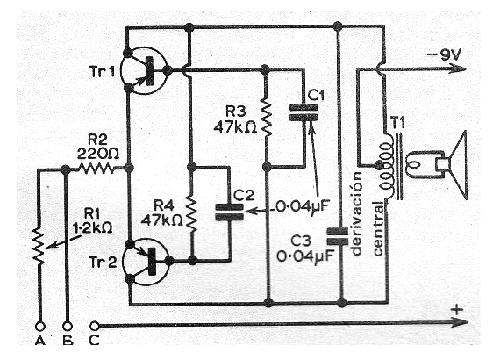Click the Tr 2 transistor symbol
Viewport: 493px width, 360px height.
tap(146, 262)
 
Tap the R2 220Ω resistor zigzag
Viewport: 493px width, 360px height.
tap(96, 169)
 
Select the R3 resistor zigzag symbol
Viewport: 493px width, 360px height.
tap(266, 116)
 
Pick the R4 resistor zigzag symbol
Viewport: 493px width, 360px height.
tap(192, 212)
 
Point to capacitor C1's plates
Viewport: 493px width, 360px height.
tap(304, 112)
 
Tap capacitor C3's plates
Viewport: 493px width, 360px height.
tap(338, 236)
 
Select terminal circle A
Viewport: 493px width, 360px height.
tap(40, 327)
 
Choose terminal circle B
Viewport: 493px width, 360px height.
tap(68, 327)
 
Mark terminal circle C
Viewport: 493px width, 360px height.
tap(95, 326)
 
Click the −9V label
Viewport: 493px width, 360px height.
tap(443, 55)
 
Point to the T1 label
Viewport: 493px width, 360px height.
tap(397, 123)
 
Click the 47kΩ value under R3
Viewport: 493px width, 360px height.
tap(235, 127)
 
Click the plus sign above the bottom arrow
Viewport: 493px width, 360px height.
tap(457, 310)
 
